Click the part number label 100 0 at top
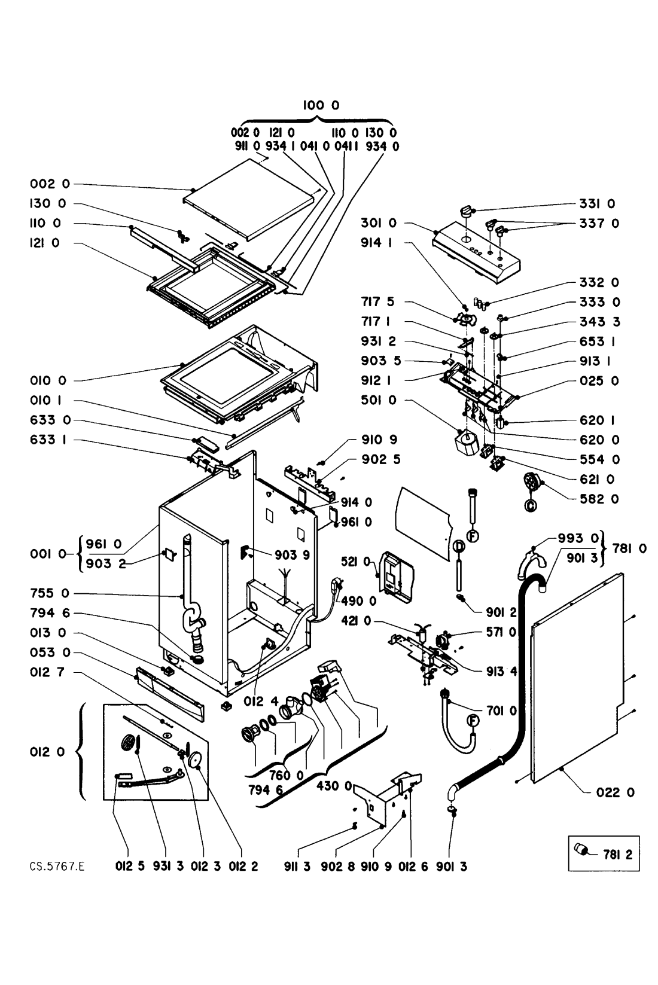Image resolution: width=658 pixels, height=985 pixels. pos(321,105)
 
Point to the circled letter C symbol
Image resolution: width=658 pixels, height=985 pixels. pos(530,506)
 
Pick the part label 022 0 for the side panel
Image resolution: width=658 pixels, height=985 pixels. pos(616,792)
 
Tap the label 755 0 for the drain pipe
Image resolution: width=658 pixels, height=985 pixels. pos(50,593)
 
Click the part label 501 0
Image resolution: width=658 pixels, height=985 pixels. pos(378,400)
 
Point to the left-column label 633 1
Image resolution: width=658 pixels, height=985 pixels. pos(50,440)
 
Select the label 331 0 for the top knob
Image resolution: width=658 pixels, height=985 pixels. pos(599,204)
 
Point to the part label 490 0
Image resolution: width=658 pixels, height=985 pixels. pos(360,600)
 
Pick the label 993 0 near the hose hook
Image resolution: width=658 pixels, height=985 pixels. pos(577,538)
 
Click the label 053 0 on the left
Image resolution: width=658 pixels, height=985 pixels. pos(50,652)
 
